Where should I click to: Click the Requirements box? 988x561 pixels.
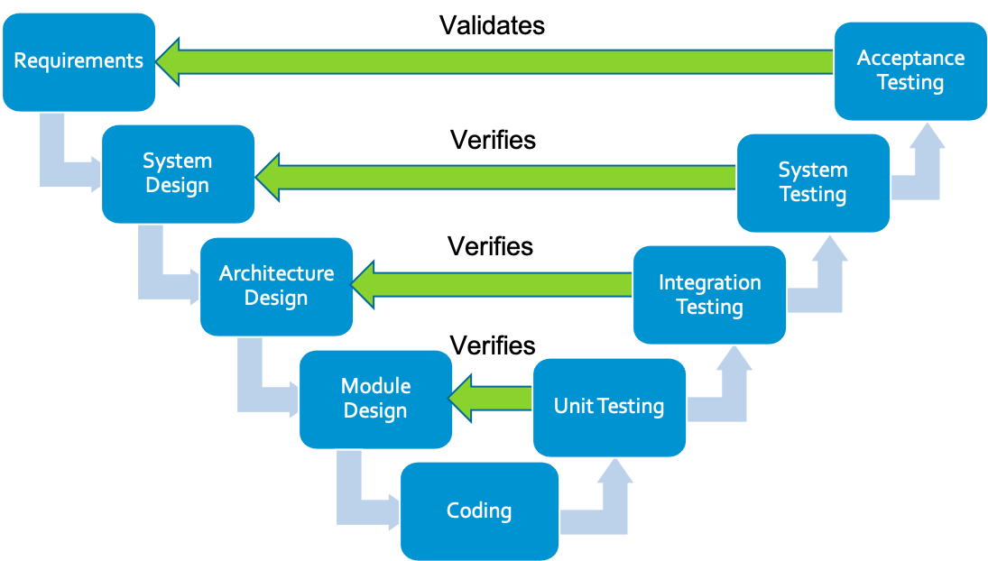(x=78, y=61)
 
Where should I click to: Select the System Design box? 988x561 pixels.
(x=178, y=173)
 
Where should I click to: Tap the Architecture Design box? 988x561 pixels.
(x=276, y=286)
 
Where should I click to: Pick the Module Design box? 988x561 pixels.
(x=375, y=399)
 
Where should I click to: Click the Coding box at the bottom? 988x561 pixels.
(x=479, y=511)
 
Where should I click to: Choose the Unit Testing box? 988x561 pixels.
(x=609, y=407)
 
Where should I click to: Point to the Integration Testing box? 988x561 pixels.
(x=709, y=295)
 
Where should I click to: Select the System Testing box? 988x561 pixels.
(x=813, y=182)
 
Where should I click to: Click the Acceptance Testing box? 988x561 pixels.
(x=910, y=70)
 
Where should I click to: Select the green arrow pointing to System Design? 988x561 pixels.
(x=496, y=177)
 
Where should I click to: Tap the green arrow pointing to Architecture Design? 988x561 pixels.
(x=492, y=286)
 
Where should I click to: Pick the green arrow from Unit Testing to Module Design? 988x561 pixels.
(x=492, y=398)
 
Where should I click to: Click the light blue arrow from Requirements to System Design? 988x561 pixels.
(x=54, y=162)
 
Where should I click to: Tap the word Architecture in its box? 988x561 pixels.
(x=276, y=273)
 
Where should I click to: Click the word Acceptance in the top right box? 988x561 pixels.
(x=910, y=58)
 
